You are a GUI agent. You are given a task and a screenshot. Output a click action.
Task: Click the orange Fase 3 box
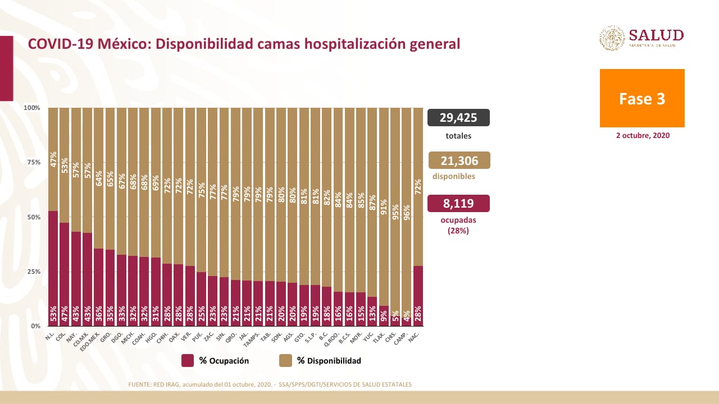pos(642,98)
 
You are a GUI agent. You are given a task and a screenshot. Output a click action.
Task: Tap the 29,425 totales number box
pos(458,117)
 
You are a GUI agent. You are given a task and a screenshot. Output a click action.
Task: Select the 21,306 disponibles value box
pos(459,161)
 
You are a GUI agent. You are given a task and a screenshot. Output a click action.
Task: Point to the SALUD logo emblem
pos(612,38)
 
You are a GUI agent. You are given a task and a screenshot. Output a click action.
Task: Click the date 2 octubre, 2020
pos(643,136)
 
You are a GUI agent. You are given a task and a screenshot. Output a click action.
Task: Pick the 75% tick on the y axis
pos(33,162)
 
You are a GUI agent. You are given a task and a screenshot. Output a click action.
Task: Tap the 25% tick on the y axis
pos(33,272)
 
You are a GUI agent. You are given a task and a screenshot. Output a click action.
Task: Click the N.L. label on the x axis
pos(50,336)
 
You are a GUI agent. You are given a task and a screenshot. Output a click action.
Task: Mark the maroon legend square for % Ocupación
pos(188,361)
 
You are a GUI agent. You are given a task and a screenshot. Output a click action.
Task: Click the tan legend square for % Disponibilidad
pos(285,361)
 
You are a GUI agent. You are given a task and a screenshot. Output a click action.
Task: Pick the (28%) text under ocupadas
pos(458,231)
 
